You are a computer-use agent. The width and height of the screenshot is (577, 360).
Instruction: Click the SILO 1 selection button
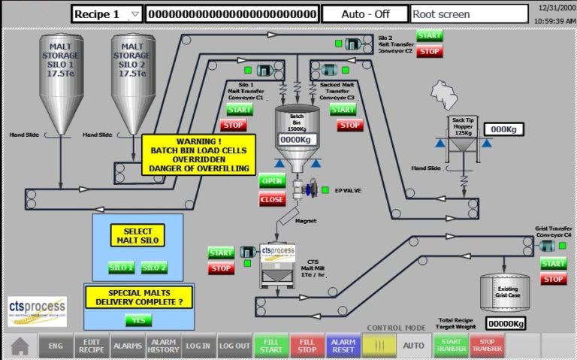(x=122, y=268)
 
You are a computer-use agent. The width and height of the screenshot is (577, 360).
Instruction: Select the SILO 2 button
(x=154, y=268)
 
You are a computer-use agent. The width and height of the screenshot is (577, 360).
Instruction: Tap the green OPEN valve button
(x=272, y=181)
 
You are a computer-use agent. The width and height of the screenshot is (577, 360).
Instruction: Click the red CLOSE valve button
(x=272, y=199)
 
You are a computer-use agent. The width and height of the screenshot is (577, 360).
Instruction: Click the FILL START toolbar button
(x=271, y=346)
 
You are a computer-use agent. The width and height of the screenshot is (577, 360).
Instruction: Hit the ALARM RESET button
(x=343, y=346)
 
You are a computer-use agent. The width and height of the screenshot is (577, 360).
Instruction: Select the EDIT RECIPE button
(x=92, y=346)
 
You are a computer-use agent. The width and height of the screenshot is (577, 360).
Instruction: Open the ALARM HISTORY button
(x=163, y=346)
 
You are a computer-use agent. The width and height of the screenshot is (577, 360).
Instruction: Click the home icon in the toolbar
(x=20, y=346)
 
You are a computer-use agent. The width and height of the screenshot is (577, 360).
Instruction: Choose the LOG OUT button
(x=235, y=346)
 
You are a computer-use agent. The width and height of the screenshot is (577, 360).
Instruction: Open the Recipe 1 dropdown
(x=107, y=14)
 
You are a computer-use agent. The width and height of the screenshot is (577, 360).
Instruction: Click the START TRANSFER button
(x=451, y=346)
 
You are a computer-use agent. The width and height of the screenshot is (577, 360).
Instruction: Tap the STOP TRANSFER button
(x=487, y=346)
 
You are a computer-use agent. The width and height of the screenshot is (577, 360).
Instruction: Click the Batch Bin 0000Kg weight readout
(x=295, y=140)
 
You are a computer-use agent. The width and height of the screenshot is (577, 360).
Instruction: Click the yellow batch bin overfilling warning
(x=199, y=154)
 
